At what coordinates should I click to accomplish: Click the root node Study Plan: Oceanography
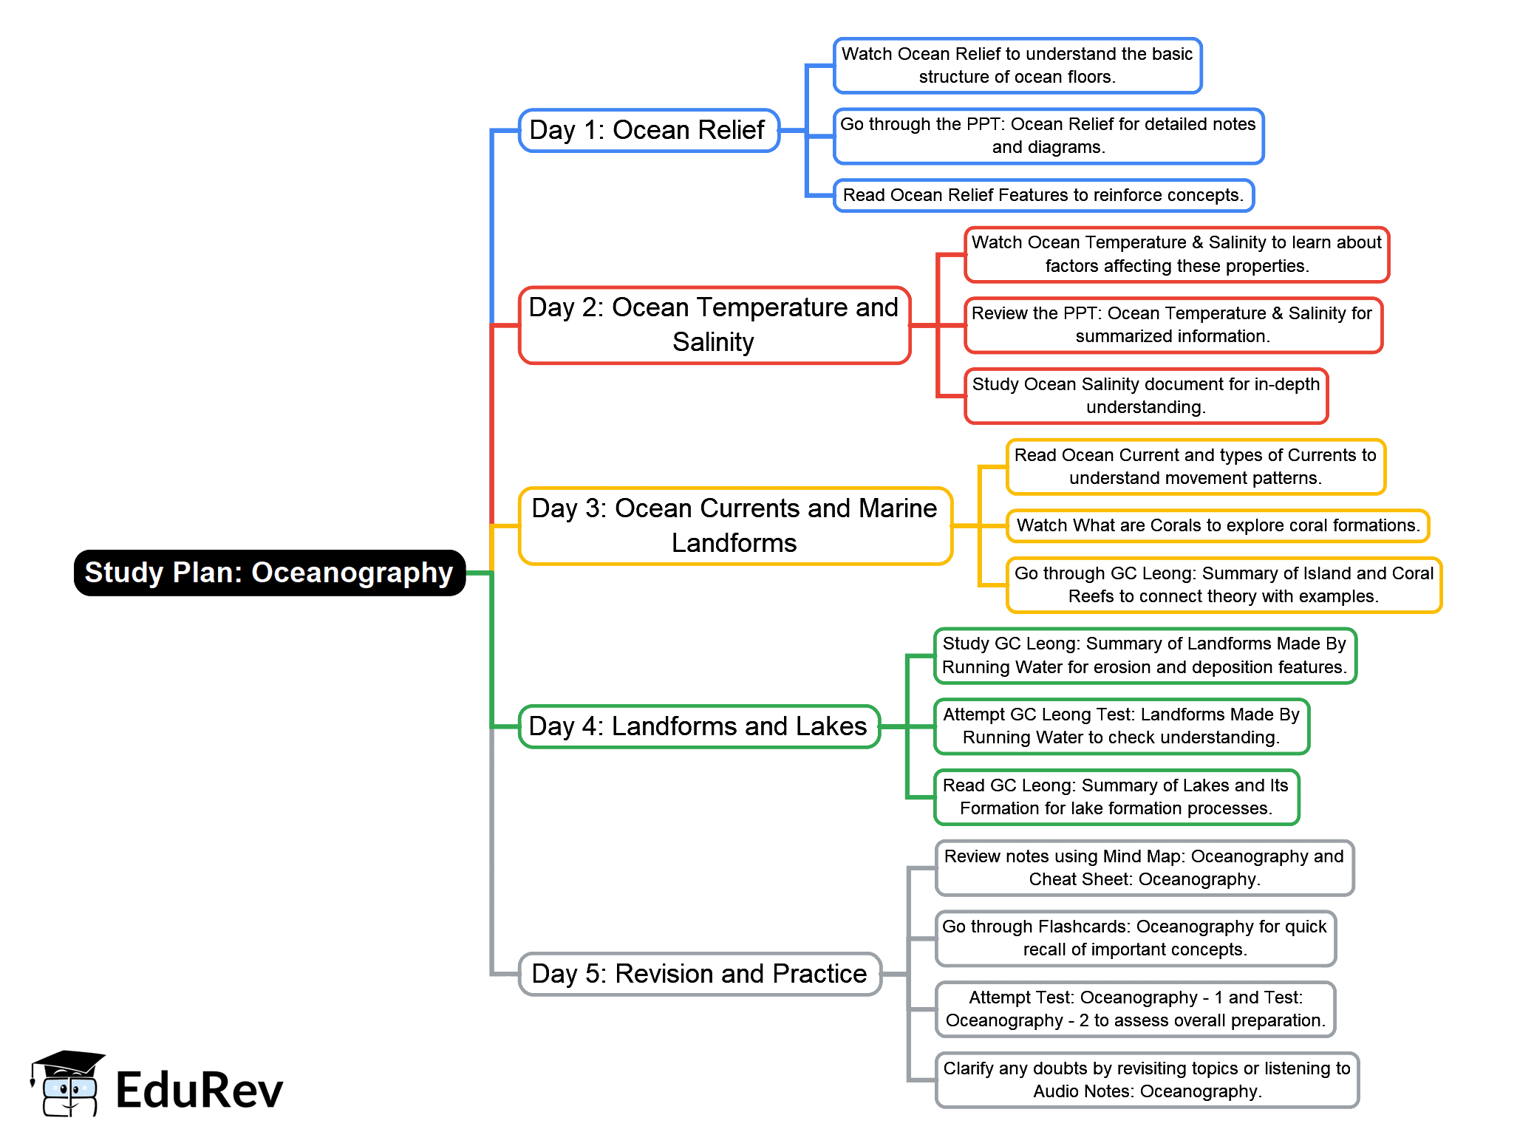(x=269, y=573)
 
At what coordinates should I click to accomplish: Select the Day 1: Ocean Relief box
(x=648, y=131)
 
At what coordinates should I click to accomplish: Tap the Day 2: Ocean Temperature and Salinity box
(x=714, y=325)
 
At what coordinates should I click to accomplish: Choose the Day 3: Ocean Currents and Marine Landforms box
(x=734, y=526)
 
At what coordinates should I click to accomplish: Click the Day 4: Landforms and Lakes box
(x=698, y=726)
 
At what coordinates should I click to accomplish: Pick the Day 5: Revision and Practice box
(x=699, y=974)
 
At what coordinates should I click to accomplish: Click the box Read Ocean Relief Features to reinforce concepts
(x=1043, y=195)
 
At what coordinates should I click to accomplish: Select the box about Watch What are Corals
(x=1217, y=525)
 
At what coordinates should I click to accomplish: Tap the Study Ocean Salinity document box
(x=1145, y=396)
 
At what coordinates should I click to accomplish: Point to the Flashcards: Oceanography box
(x=1134, y=938)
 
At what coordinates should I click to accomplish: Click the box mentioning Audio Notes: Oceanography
(x=1146, y=1080)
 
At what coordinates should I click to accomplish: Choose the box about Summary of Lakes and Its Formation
(x=1116, y=797)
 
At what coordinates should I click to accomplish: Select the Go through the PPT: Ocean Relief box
(x=1048, y=136)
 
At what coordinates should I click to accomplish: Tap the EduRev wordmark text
(x=200, y=1091)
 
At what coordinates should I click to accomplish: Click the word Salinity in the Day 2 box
(x=713, y=343)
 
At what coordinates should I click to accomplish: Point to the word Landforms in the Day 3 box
(x=734, y=544)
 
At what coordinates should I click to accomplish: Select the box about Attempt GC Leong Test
(x=1121, y=726)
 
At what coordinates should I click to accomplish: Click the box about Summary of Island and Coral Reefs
(x=1223, y=584)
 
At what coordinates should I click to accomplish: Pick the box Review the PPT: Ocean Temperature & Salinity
(x=1172, y=325)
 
